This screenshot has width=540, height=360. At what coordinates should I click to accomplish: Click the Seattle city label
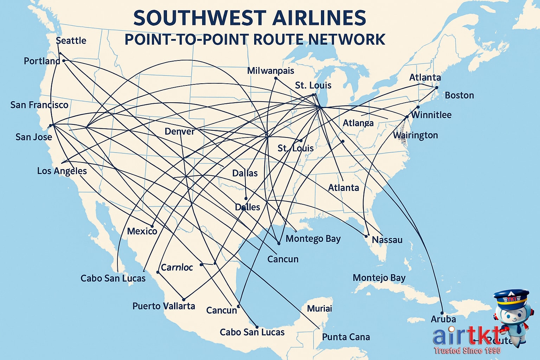[71, 41]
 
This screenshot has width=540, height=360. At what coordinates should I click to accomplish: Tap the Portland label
[42, 61]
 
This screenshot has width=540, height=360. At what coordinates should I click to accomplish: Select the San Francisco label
[39, 105]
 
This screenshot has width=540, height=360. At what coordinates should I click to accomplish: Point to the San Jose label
[34, 137]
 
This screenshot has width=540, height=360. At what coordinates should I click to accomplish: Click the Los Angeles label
[62, 171]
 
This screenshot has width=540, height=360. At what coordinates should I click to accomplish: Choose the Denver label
[179, 132]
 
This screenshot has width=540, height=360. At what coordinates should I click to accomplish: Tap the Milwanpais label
[270, 71]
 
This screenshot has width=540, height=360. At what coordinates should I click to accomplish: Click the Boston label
[459, 95]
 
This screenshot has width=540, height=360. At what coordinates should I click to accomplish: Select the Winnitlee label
[431, 115]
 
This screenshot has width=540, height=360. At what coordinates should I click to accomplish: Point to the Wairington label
[415, 135]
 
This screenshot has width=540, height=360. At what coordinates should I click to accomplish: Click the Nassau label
[387, 240]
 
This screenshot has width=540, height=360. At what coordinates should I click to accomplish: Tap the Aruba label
[443, 319]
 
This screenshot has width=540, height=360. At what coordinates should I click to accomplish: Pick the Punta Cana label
[346, 337]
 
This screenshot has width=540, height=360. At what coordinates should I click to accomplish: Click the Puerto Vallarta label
[163, 306]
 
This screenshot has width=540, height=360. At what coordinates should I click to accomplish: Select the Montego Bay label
[313, 239]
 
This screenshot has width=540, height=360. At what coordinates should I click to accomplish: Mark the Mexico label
[142, 231]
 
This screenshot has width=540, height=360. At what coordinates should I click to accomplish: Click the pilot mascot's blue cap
[510, 297]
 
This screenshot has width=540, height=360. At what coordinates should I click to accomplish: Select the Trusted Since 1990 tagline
[467, 351]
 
